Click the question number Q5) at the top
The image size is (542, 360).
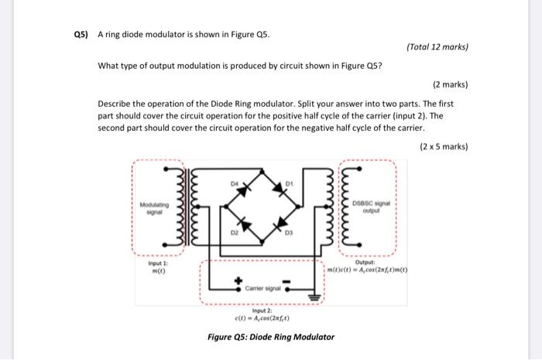click(81, 35)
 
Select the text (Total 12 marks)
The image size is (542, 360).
click(437, 47)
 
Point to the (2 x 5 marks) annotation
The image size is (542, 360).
click(444, 146)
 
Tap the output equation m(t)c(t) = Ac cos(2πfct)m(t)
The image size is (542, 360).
click(369, 269)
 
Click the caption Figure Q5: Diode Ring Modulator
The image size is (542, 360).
click(271, 337)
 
